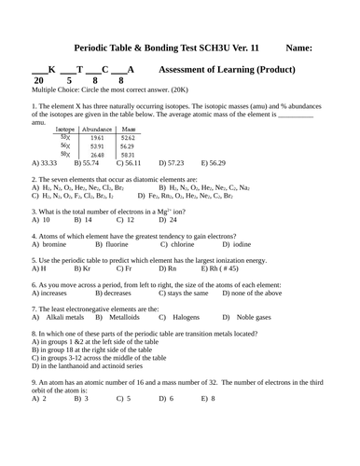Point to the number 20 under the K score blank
[x=36, y=81]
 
